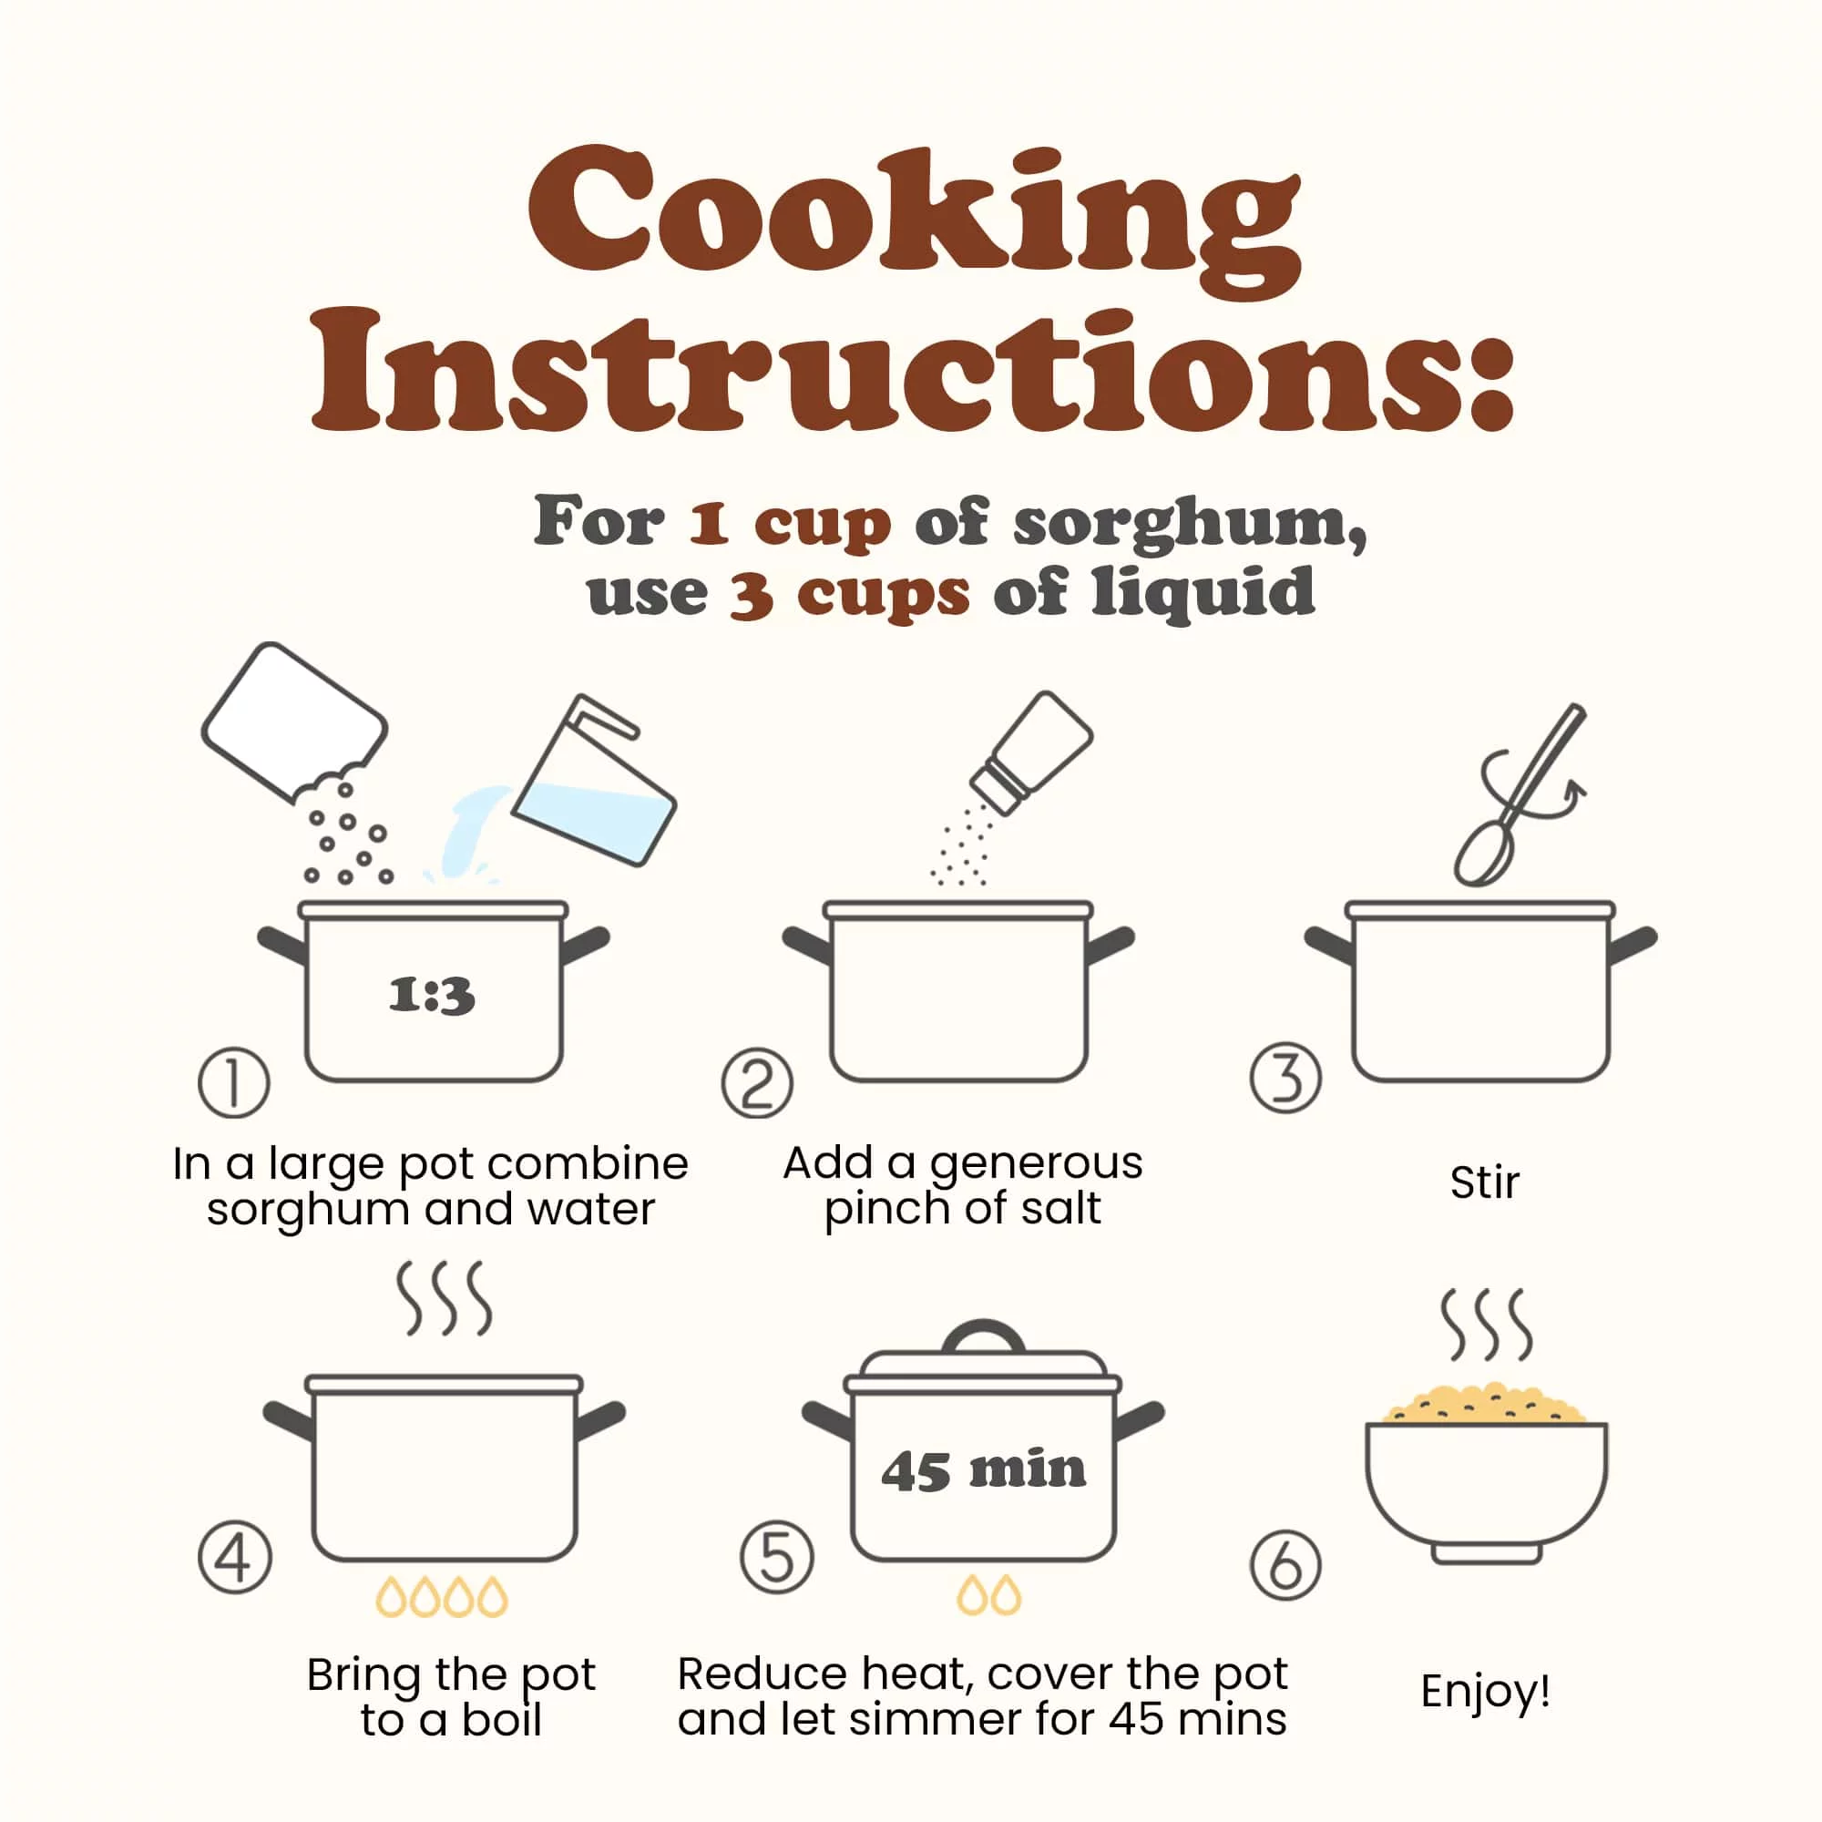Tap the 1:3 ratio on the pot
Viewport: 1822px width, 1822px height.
[432, 996]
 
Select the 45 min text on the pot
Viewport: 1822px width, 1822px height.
[984, 1470]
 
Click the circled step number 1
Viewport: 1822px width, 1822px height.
[234, 1082]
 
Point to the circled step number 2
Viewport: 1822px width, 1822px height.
[757, 1082]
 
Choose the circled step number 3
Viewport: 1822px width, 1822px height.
[1285, 1078]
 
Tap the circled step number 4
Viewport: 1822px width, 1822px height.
[235, 1558]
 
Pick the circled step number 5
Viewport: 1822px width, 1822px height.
[777, 1558]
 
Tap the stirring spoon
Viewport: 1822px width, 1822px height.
[1519, 794]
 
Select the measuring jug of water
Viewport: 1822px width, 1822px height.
[594, 779]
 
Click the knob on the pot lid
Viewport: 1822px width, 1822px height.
[984, 1336]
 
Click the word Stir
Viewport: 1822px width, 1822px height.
[1485, 1182]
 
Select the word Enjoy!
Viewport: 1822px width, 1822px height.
[1486, 1691]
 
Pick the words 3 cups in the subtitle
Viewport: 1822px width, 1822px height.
[850, 595]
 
